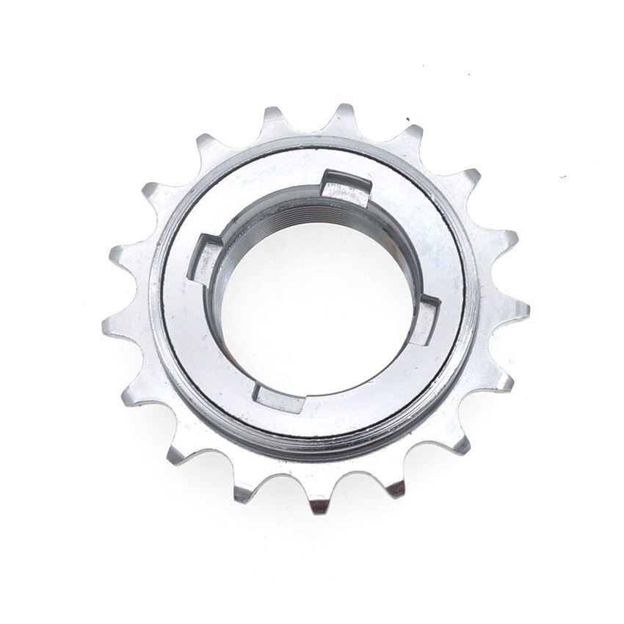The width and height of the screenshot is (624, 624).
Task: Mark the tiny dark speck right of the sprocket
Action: [x=562, y=177]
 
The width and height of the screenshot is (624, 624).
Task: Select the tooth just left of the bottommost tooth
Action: [x=243, y=491]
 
